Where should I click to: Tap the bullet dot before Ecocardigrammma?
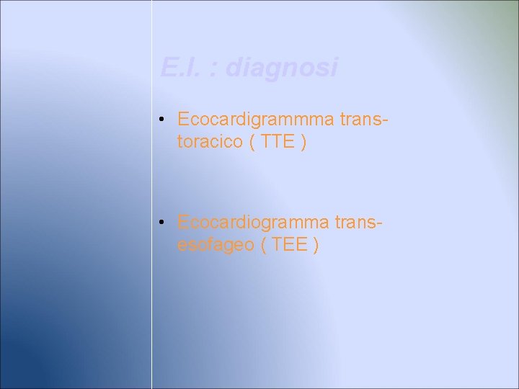pyautogui.click(x=164, y=120)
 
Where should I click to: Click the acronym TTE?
pyautogui.click(x=278, y=142)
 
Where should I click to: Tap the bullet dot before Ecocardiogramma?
pyautogui.click(x=164, y=222)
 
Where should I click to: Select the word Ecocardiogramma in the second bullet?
pyautogui.click(x=254, y=222)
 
